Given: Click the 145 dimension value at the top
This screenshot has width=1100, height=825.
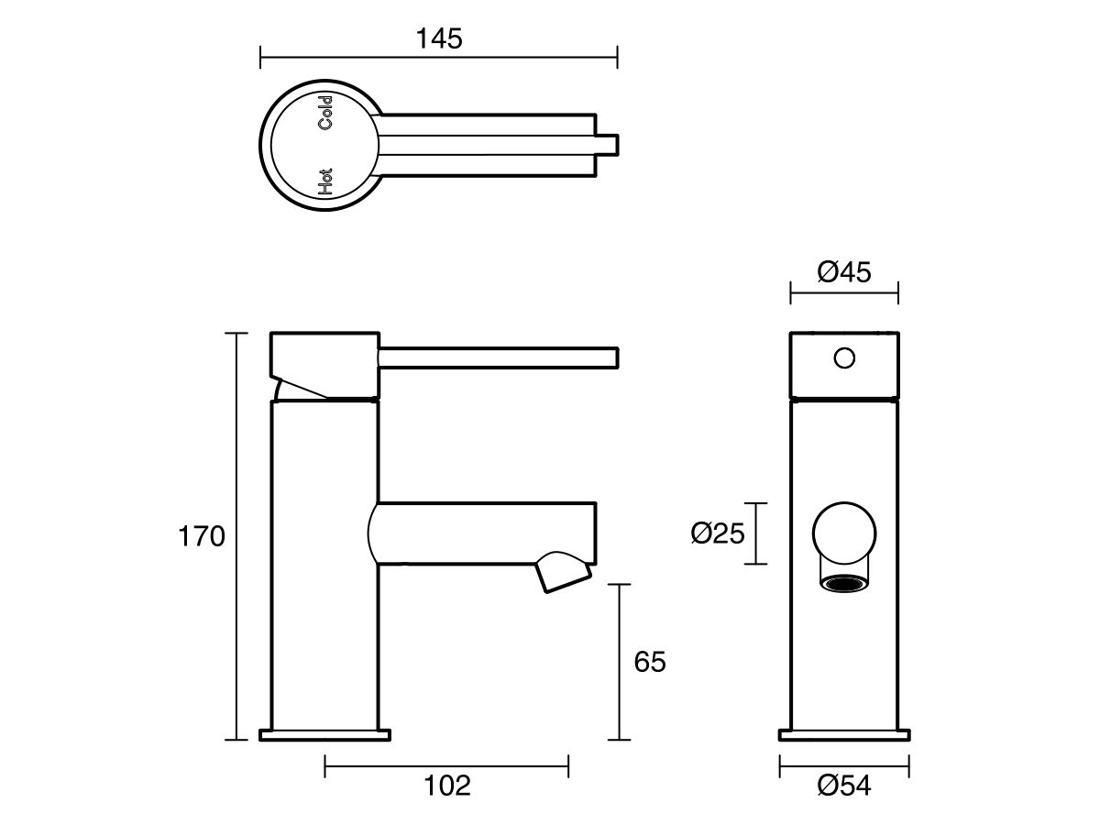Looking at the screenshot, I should coord(439,38).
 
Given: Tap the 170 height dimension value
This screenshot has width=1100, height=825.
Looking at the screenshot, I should coord(201,536).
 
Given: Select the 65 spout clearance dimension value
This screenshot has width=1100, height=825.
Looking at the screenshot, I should coord(649,662).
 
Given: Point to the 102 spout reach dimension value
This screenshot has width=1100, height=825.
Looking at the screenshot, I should coord(447,786).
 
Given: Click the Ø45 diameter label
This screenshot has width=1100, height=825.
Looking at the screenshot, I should coord(843,272).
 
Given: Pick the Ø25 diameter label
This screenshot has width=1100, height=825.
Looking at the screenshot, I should coord(717,533).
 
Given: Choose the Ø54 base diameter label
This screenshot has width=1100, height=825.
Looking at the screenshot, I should coord(843,786).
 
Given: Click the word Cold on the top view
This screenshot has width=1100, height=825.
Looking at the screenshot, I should coord(325,112).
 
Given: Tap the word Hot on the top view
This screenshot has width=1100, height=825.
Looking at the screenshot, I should coord(324,181).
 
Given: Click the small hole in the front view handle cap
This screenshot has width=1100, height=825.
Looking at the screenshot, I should coord(844,357).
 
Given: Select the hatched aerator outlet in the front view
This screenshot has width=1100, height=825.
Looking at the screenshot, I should coord(844,583).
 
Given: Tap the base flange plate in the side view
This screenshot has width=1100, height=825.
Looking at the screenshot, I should coord(325,734).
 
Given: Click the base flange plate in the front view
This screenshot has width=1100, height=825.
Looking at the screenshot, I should coord(844,734).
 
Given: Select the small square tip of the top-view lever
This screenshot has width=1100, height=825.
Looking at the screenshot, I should coord(610,145).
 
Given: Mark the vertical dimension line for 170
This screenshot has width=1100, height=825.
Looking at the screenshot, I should coord(237,536).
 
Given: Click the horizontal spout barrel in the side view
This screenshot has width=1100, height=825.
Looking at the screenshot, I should coord(486,533).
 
